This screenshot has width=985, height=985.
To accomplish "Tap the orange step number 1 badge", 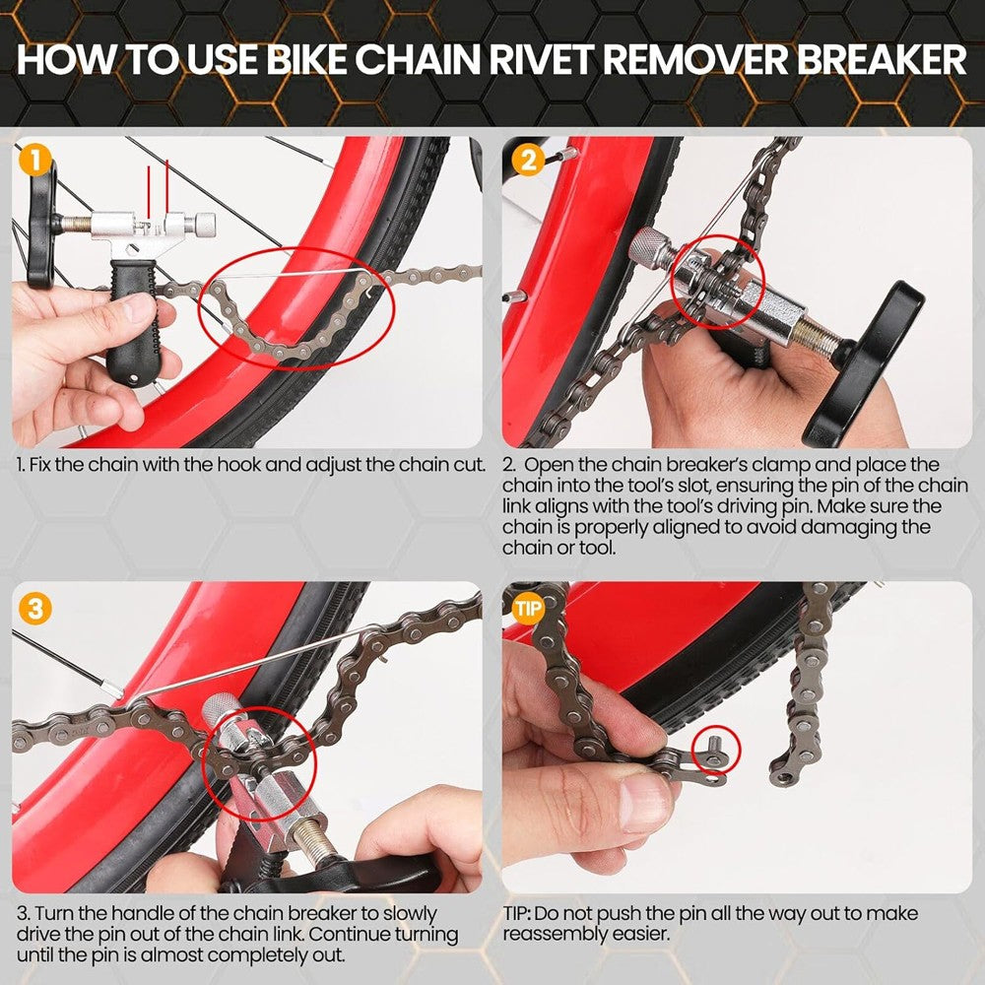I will (34, 159).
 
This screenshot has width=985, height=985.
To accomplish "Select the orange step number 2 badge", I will (527, 159).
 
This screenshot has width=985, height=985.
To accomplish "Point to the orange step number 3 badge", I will (34, 608).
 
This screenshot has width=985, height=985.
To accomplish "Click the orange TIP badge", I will (528, 608).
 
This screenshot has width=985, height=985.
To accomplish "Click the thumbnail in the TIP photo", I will (645, 803).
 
